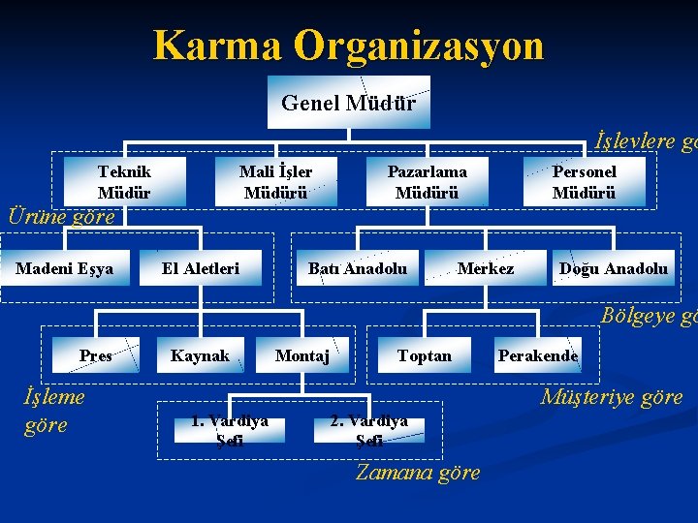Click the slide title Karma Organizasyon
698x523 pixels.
[348, 46]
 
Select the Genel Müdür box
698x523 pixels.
[348, 102]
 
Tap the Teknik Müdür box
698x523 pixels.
[124, 181]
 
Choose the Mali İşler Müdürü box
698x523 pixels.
[275, 181]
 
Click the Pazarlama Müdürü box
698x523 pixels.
[427, 181]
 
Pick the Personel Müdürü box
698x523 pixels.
[584, 181]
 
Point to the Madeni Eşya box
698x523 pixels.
[65, 268]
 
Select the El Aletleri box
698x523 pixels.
[201, 268]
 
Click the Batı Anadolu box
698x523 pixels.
[358, 268]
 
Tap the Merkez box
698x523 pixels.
[486, 268]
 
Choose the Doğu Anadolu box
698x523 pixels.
[613, 268]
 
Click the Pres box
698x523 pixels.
[95, 355]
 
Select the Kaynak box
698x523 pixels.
[200, 355]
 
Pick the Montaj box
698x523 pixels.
[302, 355]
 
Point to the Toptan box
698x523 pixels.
[425, 355]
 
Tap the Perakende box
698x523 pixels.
[538, 355]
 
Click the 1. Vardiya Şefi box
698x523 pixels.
[229, 429]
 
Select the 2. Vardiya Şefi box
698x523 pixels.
[369, 430]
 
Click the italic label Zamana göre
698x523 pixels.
[417, 473]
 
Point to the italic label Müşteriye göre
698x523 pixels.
[611, 396]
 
